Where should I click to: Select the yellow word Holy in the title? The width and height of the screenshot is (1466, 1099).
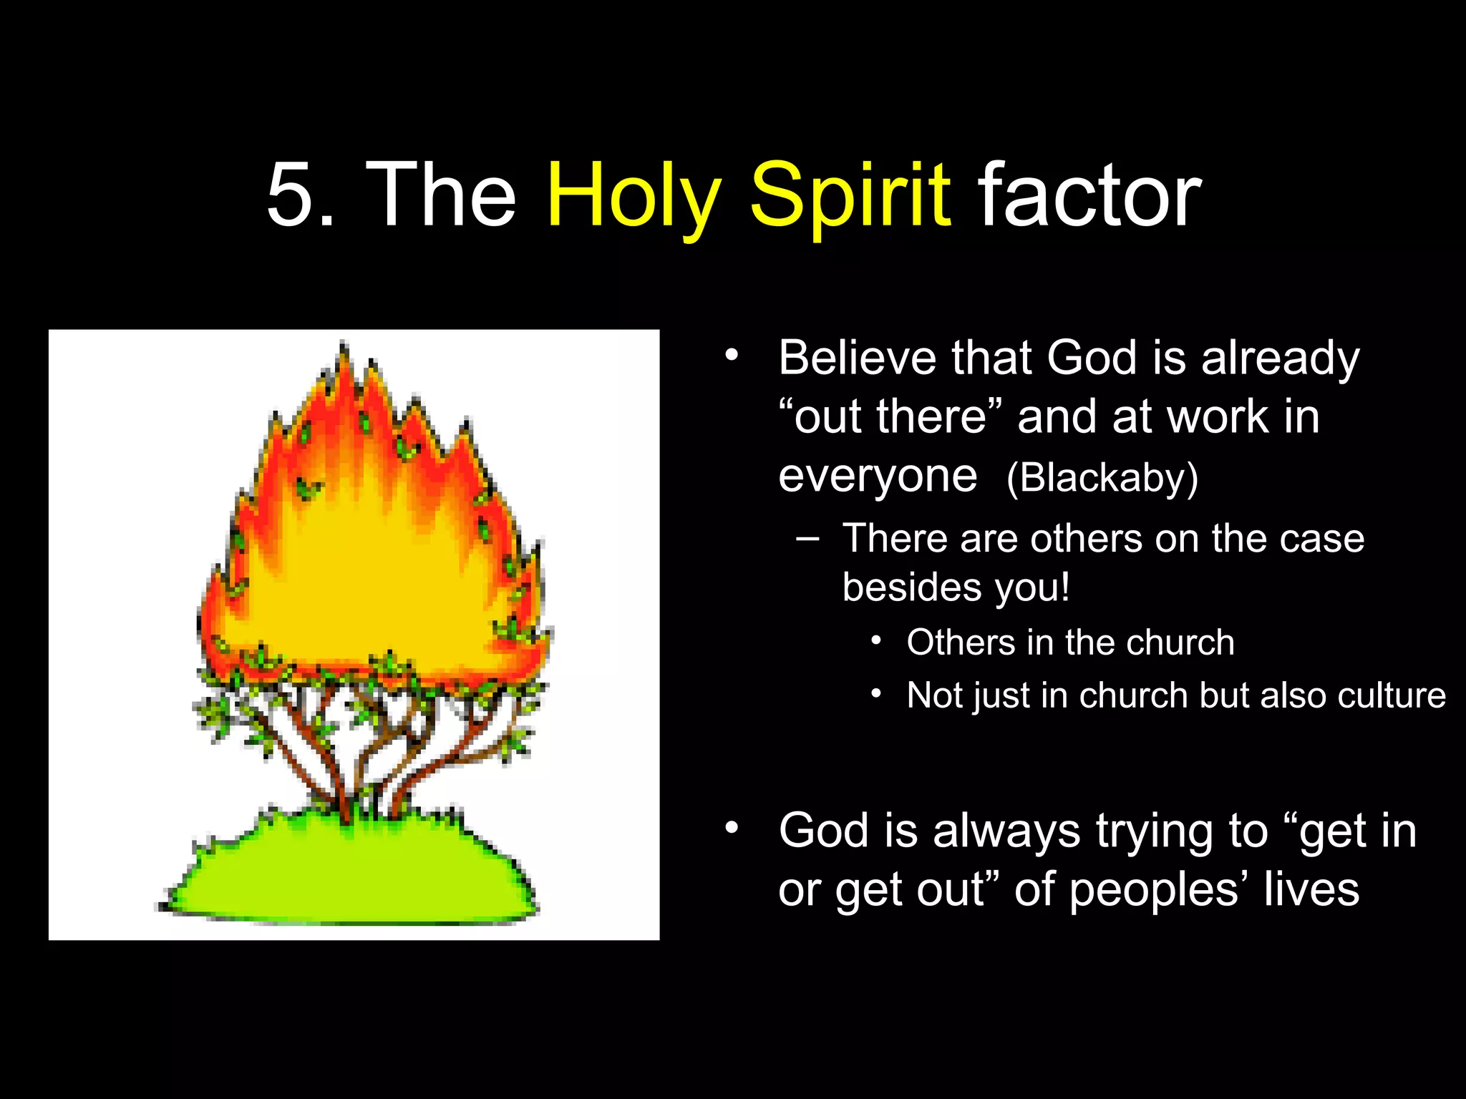pos(634,197)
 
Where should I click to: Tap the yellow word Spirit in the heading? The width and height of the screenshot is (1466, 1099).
pos(850,197)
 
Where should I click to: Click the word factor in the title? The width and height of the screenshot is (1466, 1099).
pos(1089,195)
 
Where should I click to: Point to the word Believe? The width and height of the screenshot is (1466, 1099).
pos(858,357)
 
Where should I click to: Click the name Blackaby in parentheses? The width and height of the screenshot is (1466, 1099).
pos(1102,478)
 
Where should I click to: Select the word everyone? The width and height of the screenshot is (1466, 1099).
pos(878,477)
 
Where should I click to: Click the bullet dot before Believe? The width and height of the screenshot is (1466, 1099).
pos(730,355)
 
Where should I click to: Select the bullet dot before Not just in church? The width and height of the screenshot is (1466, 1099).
pos(875,693)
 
